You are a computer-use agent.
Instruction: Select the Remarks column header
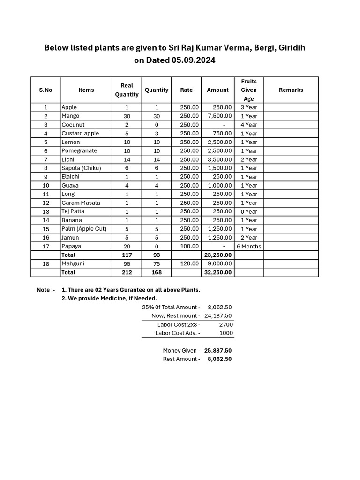tap(291, 90)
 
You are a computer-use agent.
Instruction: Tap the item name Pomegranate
tap(79, 151)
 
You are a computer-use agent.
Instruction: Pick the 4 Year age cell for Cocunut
tap(248, 125)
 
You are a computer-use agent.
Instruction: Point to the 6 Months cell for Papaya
tap(248, 247)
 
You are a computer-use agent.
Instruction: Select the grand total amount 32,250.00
tap(217, 272)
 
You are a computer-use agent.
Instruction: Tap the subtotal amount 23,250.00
tap(217, 255)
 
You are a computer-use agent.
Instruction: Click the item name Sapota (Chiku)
tap(81, 168)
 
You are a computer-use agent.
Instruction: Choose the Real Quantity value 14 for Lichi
tap(127, 159)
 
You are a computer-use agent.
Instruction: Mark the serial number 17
tap(45, 247)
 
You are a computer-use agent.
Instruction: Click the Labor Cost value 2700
tap(225, 324)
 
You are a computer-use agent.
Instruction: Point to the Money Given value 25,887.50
tap(218, 351)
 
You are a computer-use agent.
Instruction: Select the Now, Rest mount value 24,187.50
tap(218, 316)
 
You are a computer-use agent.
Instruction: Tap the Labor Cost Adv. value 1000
tap(225, 333)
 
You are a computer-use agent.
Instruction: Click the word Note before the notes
tap(44, 290)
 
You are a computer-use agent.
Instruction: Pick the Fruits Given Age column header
tap(248, 90)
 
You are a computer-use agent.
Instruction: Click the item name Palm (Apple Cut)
tap(84, 229)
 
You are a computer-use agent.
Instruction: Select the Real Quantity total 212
tap(127, 272)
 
